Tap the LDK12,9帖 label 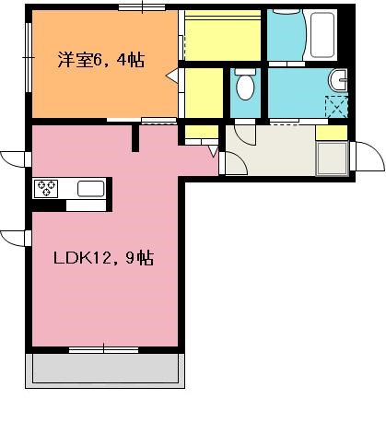pos(101,260)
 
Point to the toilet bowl pos(245,88)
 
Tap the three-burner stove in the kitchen pos(46,188)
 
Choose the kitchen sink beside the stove pos(90,189)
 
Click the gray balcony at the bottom pos(104,370)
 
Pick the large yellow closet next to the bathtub pos(223,38)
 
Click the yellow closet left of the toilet pos(205,92)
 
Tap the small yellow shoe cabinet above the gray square pos(332,133)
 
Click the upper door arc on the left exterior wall pos(16,158)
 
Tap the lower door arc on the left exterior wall pos(16,239)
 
